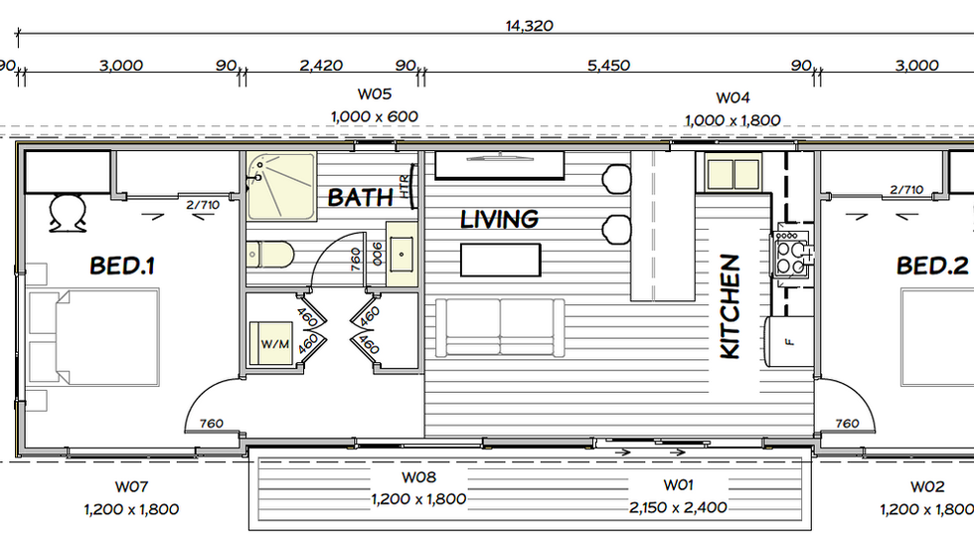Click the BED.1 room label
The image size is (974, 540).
[121, 266]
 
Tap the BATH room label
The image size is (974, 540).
[360, 198]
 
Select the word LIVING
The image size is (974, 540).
[499, 220]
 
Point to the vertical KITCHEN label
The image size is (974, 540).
[730, 306]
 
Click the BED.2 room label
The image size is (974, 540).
[932, 266]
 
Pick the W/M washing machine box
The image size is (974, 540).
[271, 343]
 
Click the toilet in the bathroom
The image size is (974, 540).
[269, 255]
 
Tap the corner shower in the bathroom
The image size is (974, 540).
[281, 186]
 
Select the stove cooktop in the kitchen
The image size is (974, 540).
[792, 254]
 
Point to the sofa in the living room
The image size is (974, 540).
[500, 327]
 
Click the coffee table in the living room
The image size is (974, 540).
[501, 260]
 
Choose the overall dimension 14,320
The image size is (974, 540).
[529, 26]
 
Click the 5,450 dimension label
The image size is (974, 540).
[608, 66]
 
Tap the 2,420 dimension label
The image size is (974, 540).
[321, 66]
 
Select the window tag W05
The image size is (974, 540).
[375, 93]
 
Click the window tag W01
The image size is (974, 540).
[678, 484]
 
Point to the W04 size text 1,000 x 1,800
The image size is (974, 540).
[732, 120]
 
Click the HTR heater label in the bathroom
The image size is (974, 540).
[405, 186]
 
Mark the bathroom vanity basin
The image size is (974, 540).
[402, 255]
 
